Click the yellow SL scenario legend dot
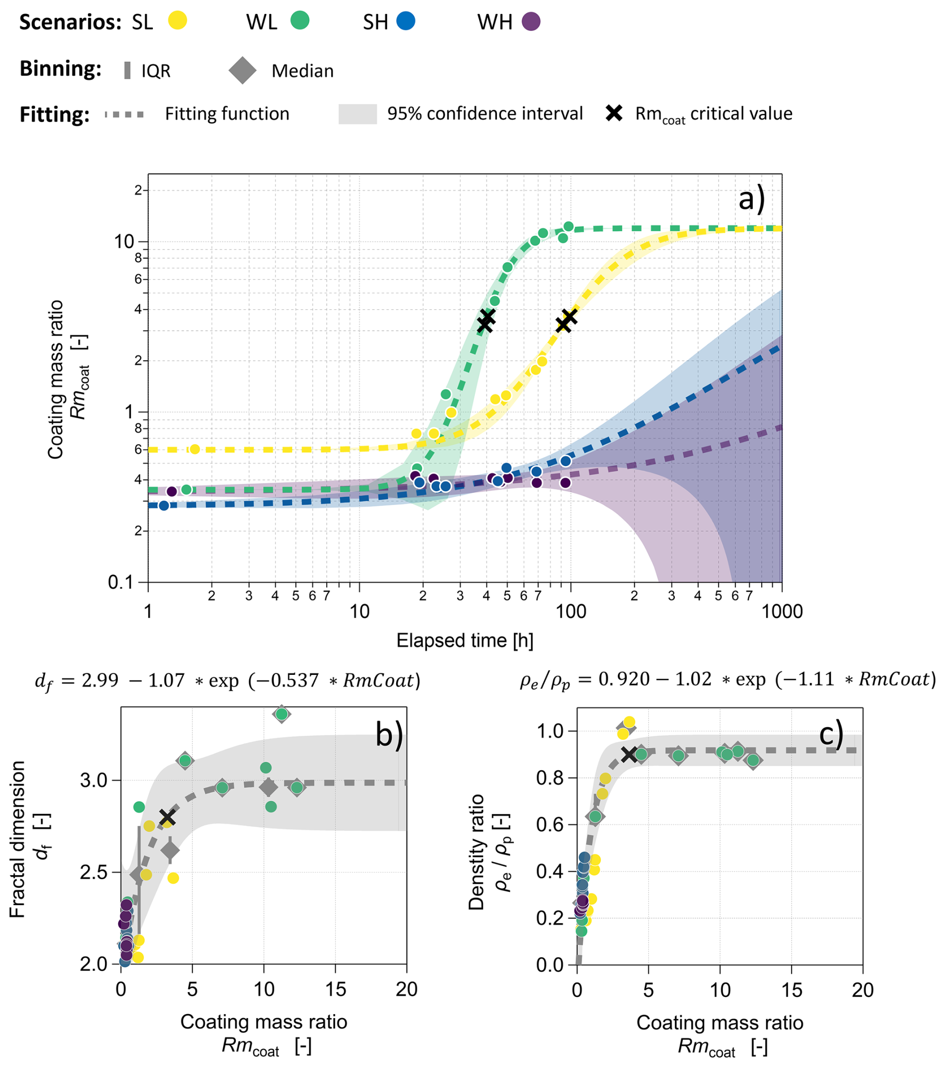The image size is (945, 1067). [x=177, y=21]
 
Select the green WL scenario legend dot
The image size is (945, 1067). [x=300, y=21]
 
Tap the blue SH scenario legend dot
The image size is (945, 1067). [x=406, y=21]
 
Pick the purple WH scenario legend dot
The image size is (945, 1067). [x=531, y=21]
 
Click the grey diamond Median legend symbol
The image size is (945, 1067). [x=243, y=70]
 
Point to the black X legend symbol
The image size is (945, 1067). [x=614, y=113]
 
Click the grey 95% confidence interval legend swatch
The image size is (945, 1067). [x=358, y=114]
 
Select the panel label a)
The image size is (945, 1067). [x=751, y=199]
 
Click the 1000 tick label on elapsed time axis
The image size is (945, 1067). [x=782, y=611]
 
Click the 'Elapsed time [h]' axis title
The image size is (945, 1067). [x=465, y=640]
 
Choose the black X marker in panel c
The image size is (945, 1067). [x=629, y=754]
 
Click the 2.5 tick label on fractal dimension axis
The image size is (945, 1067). [x=93, y=872]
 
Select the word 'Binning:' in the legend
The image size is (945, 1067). [x=60, y=69]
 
